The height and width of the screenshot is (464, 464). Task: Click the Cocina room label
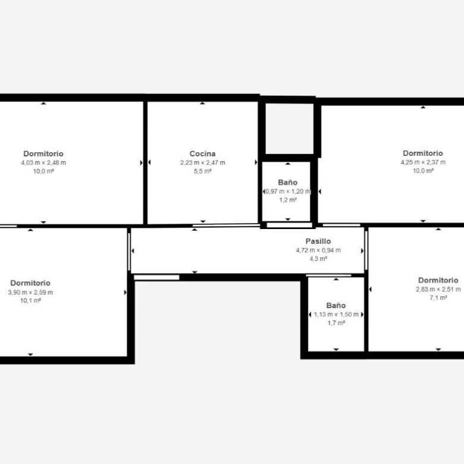(202, 153)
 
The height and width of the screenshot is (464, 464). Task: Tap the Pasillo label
(318, 241)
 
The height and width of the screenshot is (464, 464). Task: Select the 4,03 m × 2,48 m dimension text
(43, 162)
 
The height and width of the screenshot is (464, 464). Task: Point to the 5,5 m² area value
(202, 171)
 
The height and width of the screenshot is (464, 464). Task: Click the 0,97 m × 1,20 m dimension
(288, 191)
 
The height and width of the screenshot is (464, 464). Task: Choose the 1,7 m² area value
(336, 323)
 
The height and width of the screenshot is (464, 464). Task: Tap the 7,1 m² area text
(438, 297)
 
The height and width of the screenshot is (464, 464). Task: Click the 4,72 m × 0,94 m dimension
(318, 250)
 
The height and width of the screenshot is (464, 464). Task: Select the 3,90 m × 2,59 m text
(30, 292)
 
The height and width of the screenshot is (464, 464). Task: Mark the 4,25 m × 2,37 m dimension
(423, 162)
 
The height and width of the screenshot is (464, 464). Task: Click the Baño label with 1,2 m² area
(288, 182)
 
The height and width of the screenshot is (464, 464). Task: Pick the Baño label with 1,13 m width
(336, 305)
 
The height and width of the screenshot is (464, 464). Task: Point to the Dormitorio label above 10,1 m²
(30, 283)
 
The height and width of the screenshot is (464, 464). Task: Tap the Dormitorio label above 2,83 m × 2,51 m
(438, 280)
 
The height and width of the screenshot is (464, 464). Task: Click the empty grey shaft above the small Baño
(290, 128)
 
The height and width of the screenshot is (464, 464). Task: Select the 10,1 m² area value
(30, 300)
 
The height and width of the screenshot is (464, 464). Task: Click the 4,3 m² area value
(318, 259)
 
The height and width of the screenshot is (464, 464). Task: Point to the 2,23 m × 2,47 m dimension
(203, 162)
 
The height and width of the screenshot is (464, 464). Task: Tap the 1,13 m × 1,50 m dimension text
(336, 314)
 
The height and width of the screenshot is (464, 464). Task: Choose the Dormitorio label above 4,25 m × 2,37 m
(423, 153)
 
